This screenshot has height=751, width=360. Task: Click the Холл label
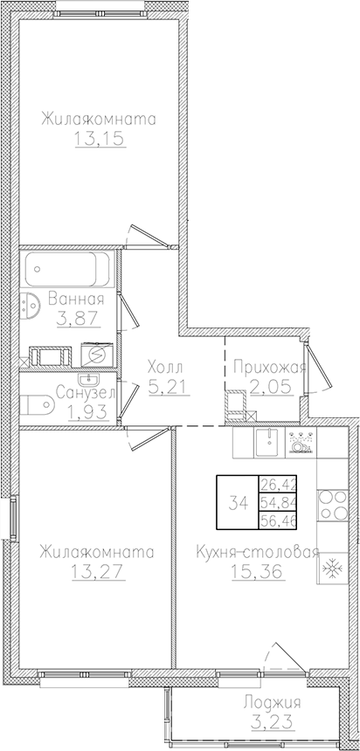tap(165, 366)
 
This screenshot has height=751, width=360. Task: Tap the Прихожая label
tap(269, 366)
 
